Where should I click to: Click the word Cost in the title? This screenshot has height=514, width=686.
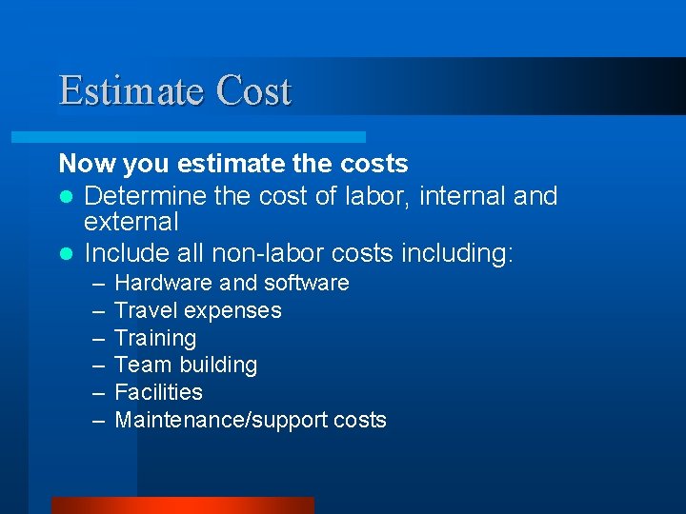click(x=253, y=91)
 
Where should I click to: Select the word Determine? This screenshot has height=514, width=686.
click(x=141, y=196)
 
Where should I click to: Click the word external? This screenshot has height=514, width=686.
click(x=131, y=222)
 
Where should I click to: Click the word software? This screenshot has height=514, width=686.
click(x=307, y=283)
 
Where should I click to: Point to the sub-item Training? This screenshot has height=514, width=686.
click(x=155, y=338)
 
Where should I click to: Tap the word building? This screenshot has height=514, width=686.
click(x=217, y=365)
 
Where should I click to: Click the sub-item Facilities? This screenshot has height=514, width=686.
click(x=158, y=392)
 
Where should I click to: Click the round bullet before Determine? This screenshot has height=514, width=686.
click(x=66, y=197)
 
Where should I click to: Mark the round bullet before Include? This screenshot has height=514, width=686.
click(x=66, y=254)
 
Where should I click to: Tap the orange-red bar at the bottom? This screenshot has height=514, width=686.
click(x=182, y=505)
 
